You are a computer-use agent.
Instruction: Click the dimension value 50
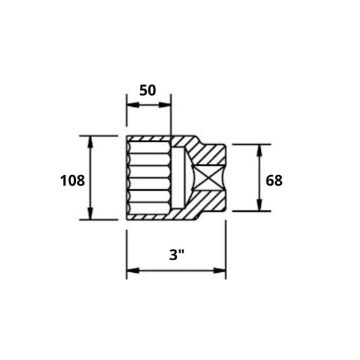148,91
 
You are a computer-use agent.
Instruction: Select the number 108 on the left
72,180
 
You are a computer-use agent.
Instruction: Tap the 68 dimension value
274,180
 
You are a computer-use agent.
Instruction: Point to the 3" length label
176,255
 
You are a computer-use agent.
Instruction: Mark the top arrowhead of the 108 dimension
90,141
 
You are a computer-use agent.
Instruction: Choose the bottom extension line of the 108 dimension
98,219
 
